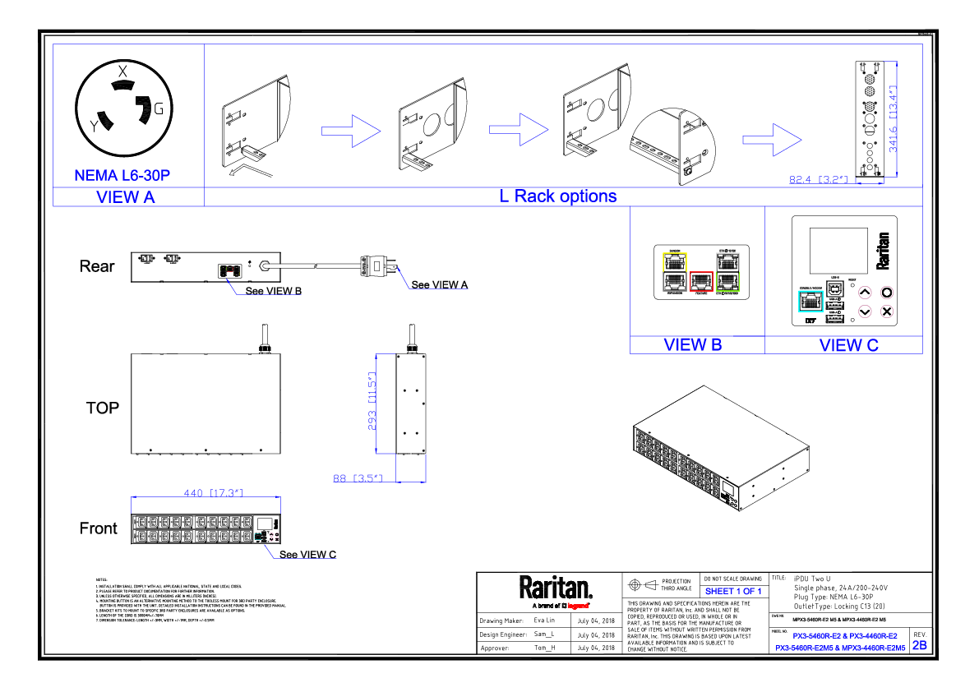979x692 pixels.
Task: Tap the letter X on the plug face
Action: click(122, 72)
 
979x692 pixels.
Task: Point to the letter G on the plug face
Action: click(159, 108)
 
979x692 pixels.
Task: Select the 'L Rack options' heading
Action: click(558, 196)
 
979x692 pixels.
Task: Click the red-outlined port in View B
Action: click(701, 282)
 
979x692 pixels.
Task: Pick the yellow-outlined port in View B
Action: click(674, 262)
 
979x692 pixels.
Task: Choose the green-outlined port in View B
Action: click(727, 282)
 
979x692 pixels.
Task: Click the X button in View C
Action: click(887, 311)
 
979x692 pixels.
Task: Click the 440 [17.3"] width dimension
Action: click(212, 492)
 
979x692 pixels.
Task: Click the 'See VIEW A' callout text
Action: click(440, 285)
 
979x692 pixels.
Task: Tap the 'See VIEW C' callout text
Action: click(307, 555)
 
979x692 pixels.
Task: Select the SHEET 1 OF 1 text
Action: click(733, 591)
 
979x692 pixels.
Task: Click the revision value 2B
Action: click(920, 645)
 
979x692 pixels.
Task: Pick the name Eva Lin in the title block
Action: click(544, 620)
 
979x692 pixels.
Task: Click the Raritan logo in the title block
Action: click(555, 587)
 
